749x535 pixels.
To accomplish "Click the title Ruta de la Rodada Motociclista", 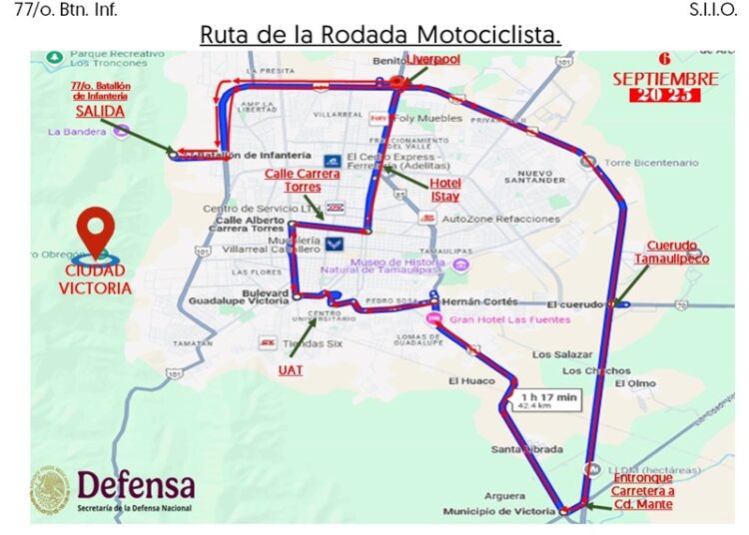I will pyautogui.click(x=379, y=34).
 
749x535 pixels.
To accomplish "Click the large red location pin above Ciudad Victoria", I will pyautogui.click(x=96, y=232).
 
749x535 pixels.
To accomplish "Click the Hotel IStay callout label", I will pyautogui.click(x=444, y=190).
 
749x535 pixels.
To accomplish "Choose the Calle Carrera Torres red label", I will pyautogui.click(x=302, y=180).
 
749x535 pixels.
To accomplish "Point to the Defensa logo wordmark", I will pyautogui.click(x=135, y=486).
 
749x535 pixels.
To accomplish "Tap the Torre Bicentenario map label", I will pyautogui.click(x=651, y=162).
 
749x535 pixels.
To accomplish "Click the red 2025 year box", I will pyautogui.click(x=664, y=96).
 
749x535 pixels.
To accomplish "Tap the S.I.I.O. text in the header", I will pyautogui.click(x=712, y=10).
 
